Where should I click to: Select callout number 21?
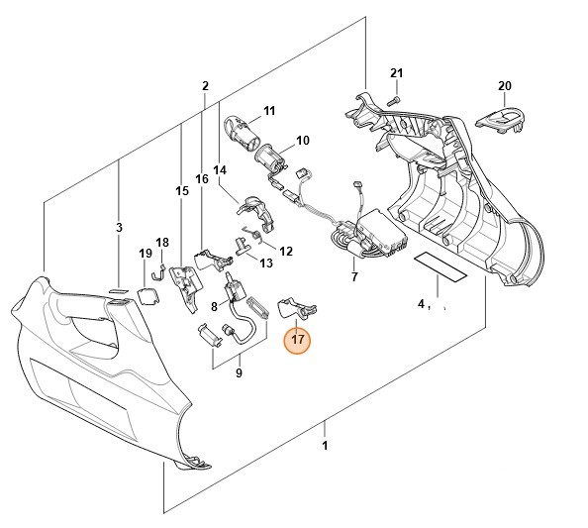396,74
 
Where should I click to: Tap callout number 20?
504,87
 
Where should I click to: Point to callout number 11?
268,110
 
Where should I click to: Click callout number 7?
353,277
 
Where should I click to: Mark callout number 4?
421,303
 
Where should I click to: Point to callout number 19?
145,254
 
